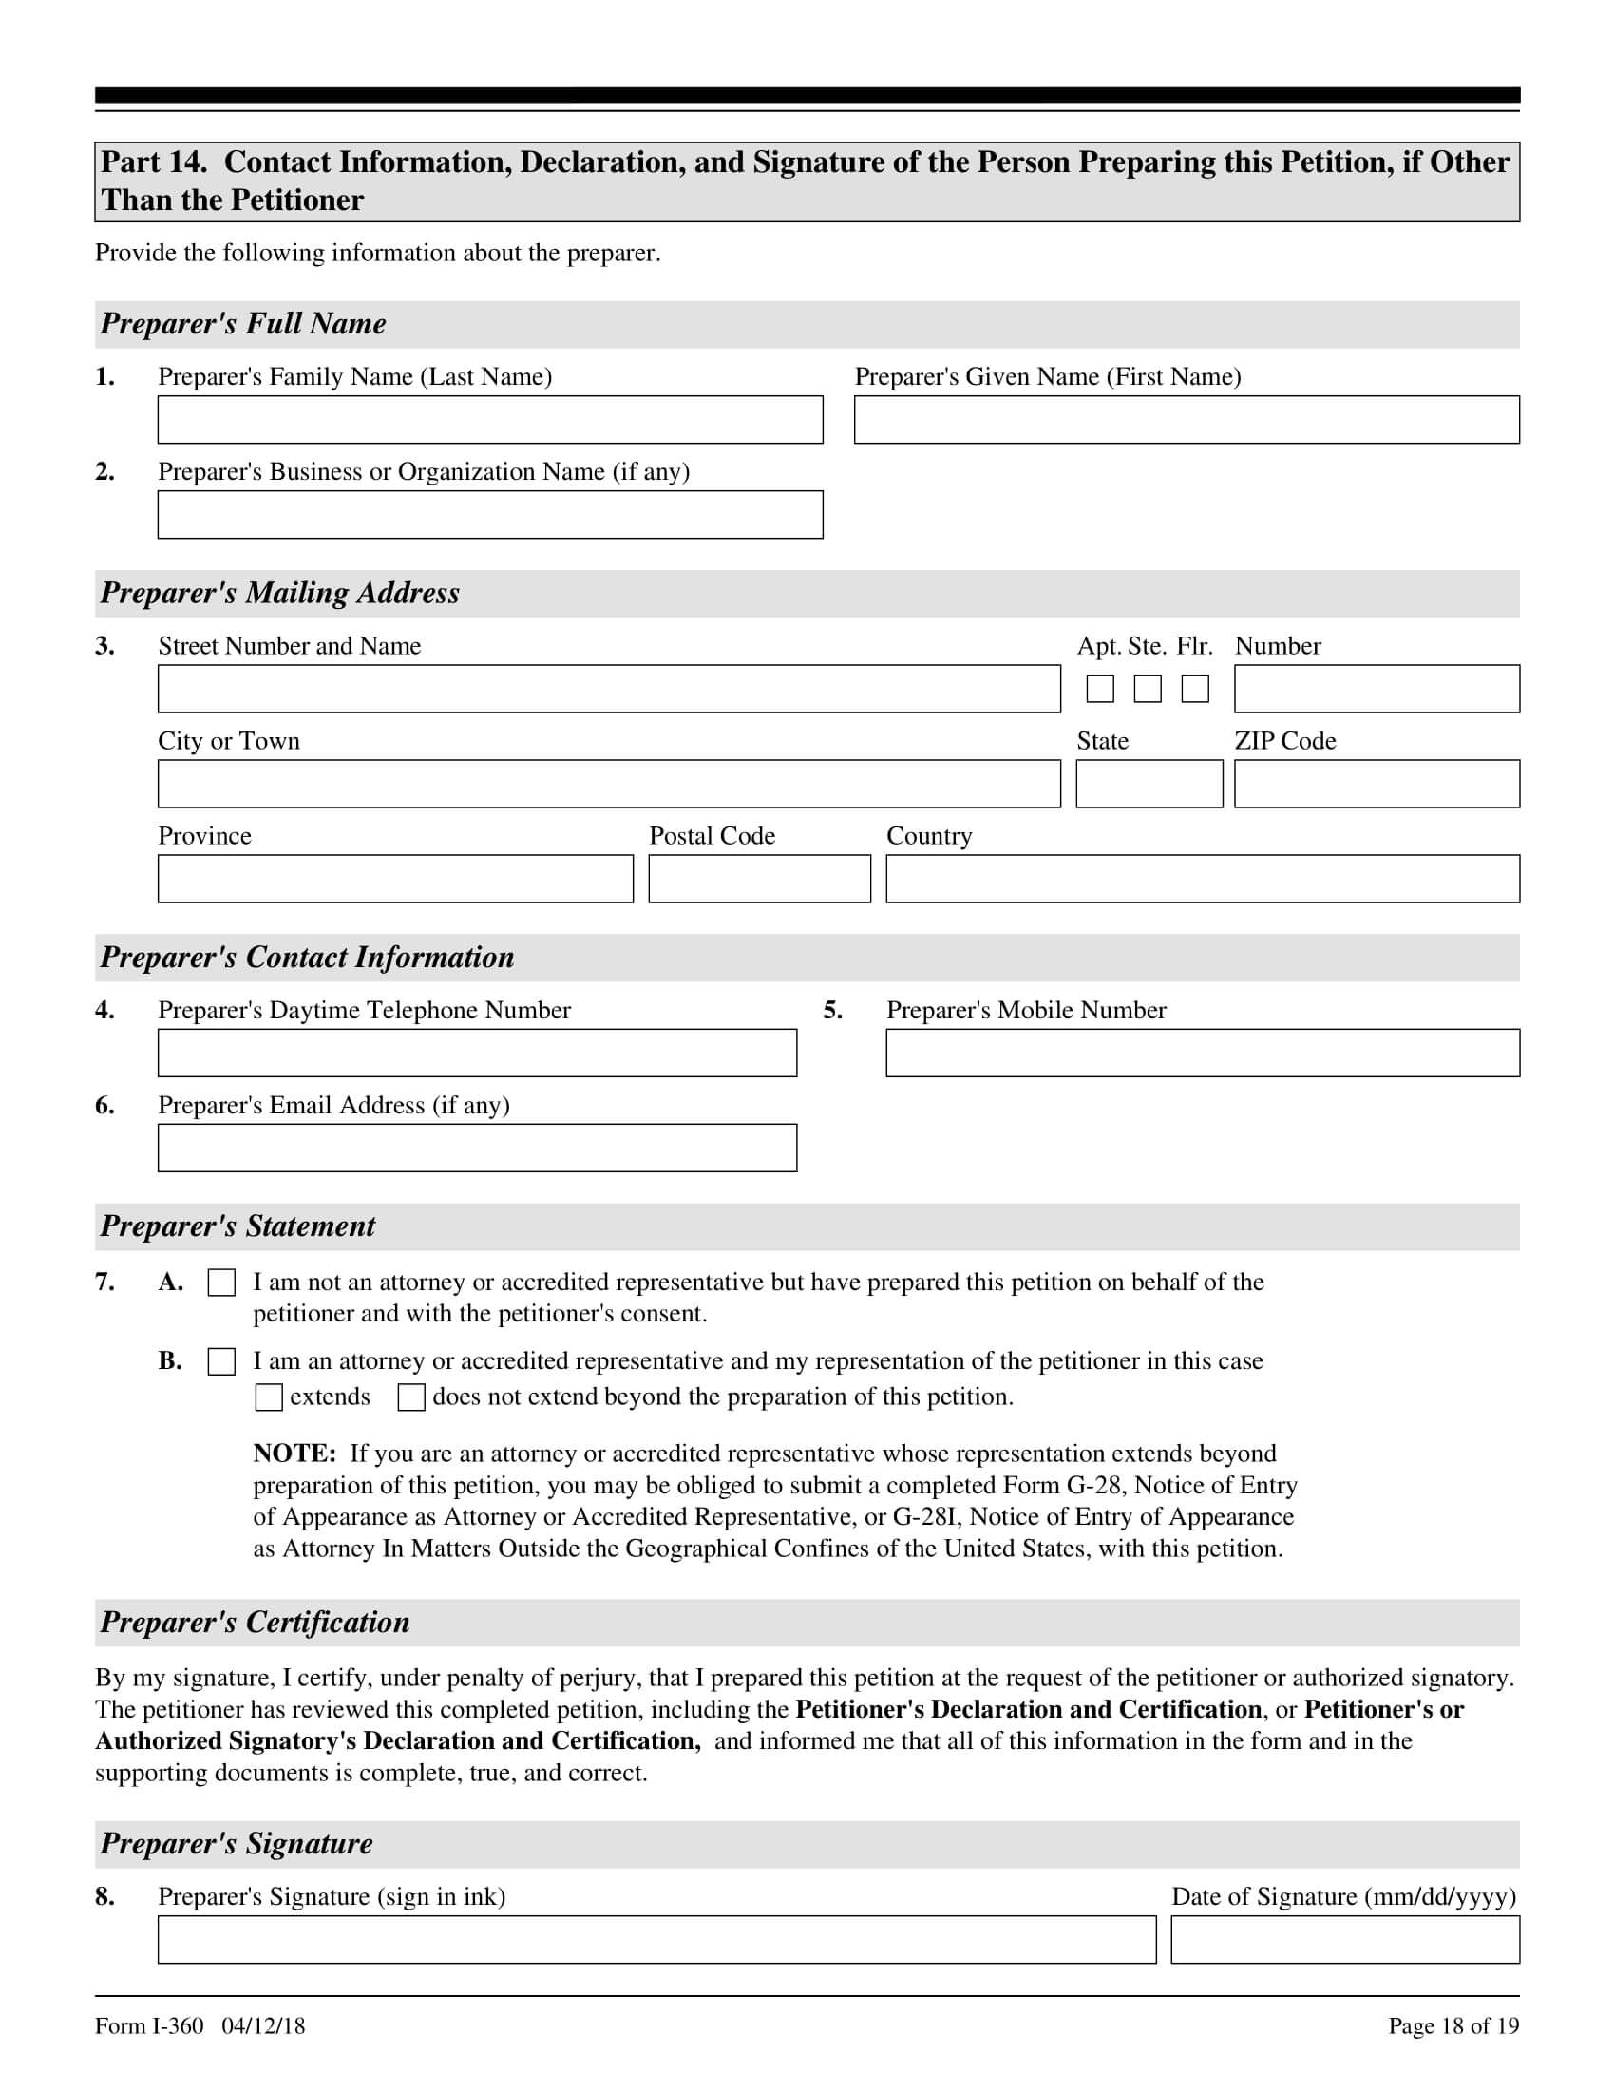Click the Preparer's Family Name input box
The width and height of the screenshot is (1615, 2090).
coord(490,420)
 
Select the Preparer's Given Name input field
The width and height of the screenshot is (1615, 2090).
coord(1187,420)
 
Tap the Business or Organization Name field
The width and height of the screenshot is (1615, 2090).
coord(490,515)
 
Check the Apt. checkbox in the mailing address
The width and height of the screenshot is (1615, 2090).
coord(1100,689)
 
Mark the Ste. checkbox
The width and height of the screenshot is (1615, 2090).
coord(1148,689)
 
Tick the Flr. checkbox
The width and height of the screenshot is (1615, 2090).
coord(1195,689)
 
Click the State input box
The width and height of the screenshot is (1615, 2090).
coord(1149,784)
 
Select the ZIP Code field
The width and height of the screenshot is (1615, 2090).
coord(1376,784)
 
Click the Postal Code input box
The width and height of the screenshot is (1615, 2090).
coord(760,879)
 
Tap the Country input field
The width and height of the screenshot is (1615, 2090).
coord(1203,879)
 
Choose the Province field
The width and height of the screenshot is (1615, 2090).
coord(395,879)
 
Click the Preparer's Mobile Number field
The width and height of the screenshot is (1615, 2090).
coord(1203,1053)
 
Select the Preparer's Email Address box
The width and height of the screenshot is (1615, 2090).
coord(477,1148)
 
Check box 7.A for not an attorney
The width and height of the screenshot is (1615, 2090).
coord(222,1283)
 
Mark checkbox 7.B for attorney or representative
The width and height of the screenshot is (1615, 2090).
coord(222,1361)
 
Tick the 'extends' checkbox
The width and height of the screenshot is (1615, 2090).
coord(269,1398)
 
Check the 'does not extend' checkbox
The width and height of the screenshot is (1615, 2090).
coord(411,1398)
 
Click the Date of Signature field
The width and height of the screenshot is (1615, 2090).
coord(1344,1940)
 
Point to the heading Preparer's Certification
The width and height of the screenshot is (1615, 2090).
coord(255,1622)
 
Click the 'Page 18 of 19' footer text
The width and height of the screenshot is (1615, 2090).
coord(1453,2026)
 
